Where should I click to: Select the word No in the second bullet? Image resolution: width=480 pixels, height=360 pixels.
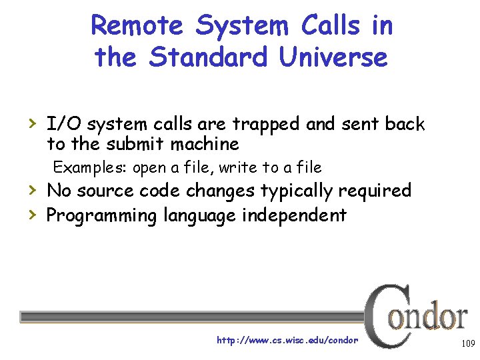[59, 191]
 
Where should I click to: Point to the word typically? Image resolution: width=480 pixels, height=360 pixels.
[296, 191]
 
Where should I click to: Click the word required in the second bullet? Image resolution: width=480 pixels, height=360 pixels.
[375, 191]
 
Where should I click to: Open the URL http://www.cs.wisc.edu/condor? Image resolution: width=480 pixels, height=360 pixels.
[287, 340]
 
